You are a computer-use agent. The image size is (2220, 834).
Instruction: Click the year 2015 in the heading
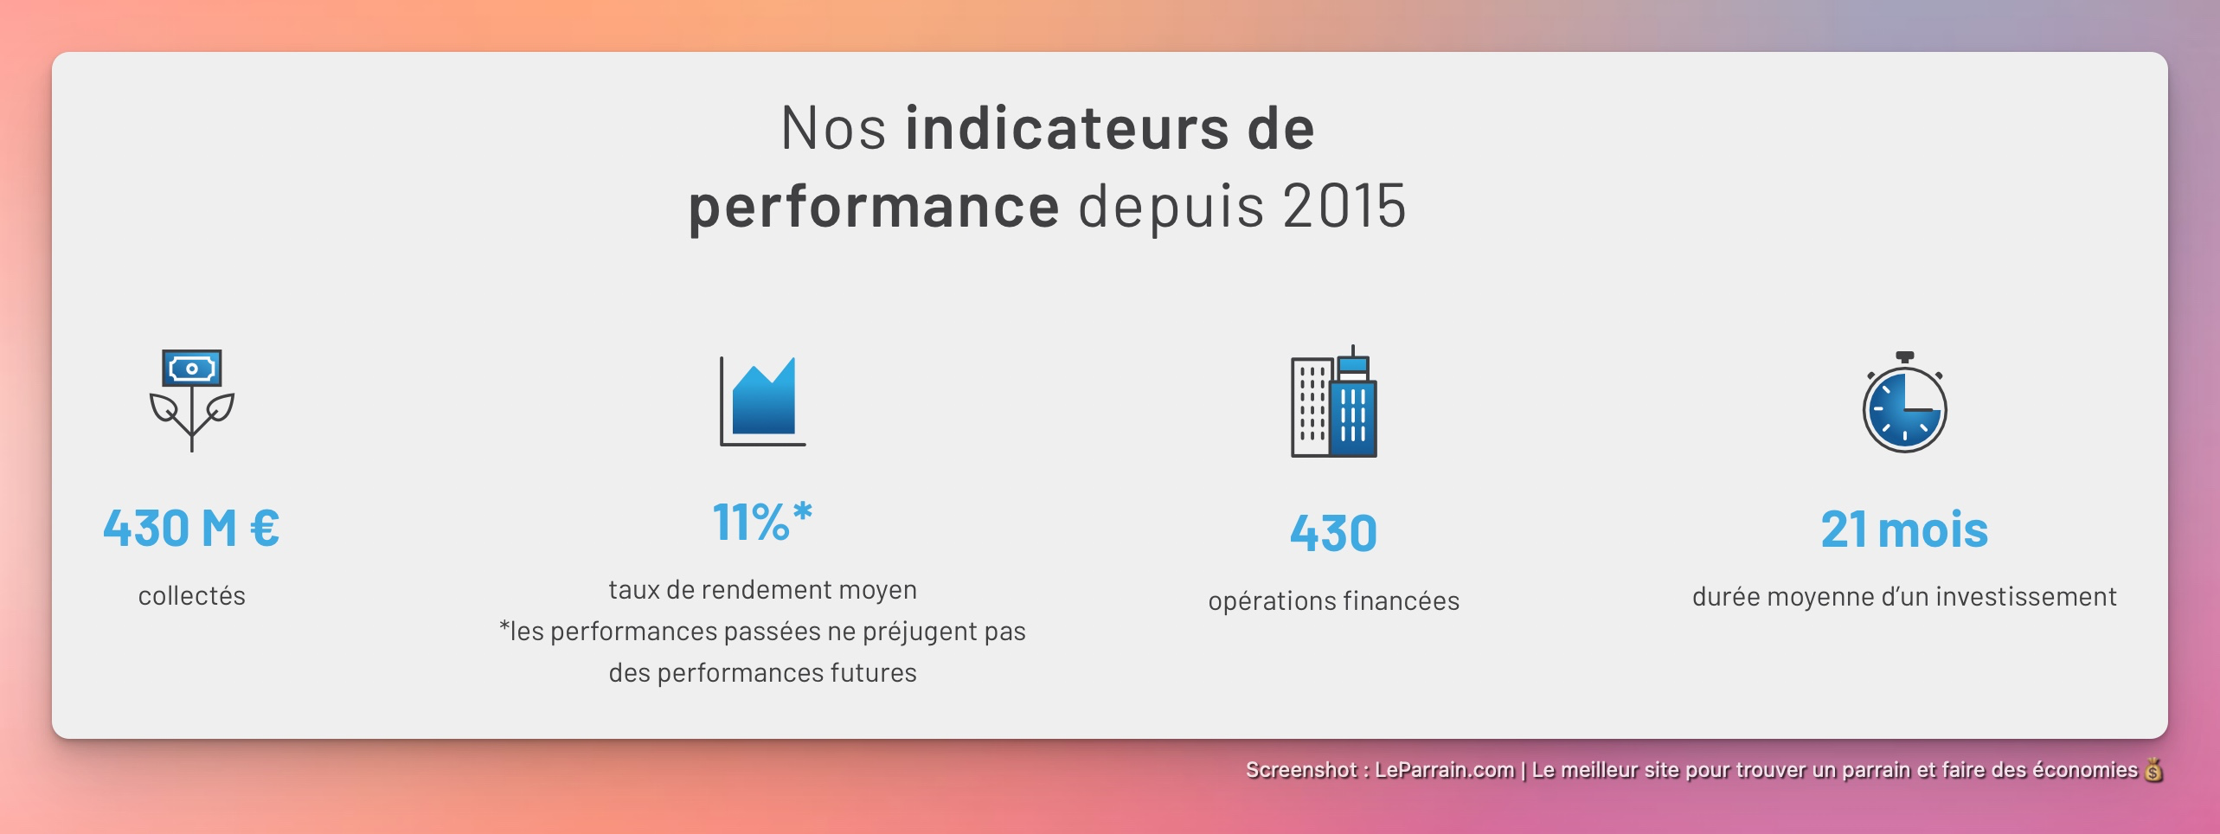[x=1344, y=207]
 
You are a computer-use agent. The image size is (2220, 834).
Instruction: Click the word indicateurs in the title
[x=1067, y=128]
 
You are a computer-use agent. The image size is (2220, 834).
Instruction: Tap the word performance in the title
[x=874, y=207]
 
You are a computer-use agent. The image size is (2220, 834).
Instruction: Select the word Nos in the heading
[x=833, y=128]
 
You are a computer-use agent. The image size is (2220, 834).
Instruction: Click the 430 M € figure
[x=191, y=528]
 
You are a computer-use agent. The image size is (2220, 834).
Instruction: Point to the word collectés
[x=191, y=596]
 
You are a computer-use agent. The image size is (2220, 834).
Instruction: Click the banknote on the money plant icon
[x=191, y=369]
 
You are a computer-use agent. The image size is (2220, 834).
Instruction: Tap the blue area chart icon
[x=763, y=400]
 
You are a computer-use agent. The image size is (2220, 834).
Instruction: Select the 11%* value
[x=762, y=523]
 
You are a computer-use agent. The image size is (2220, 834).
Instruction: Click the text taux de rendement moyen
[x=762, y=590]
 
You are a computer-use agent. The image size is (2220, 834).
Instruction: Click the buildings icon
[x=1333, y=402]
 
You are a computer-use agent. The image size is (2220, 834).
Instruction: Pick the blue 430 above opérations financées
[x=1333, y=533]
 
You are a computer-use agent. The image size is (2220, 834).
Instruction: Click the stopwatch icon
[x=1904, y=403]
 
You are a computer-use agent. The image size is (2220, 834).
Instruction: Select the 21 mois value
[x=1904, y=529]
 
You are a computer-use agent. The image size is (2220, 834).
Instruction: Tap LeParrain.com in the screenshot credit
[x=1444, y=770]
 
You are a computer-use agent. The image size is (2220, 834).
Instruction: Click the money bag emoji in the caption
[x=2153, y=769]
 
